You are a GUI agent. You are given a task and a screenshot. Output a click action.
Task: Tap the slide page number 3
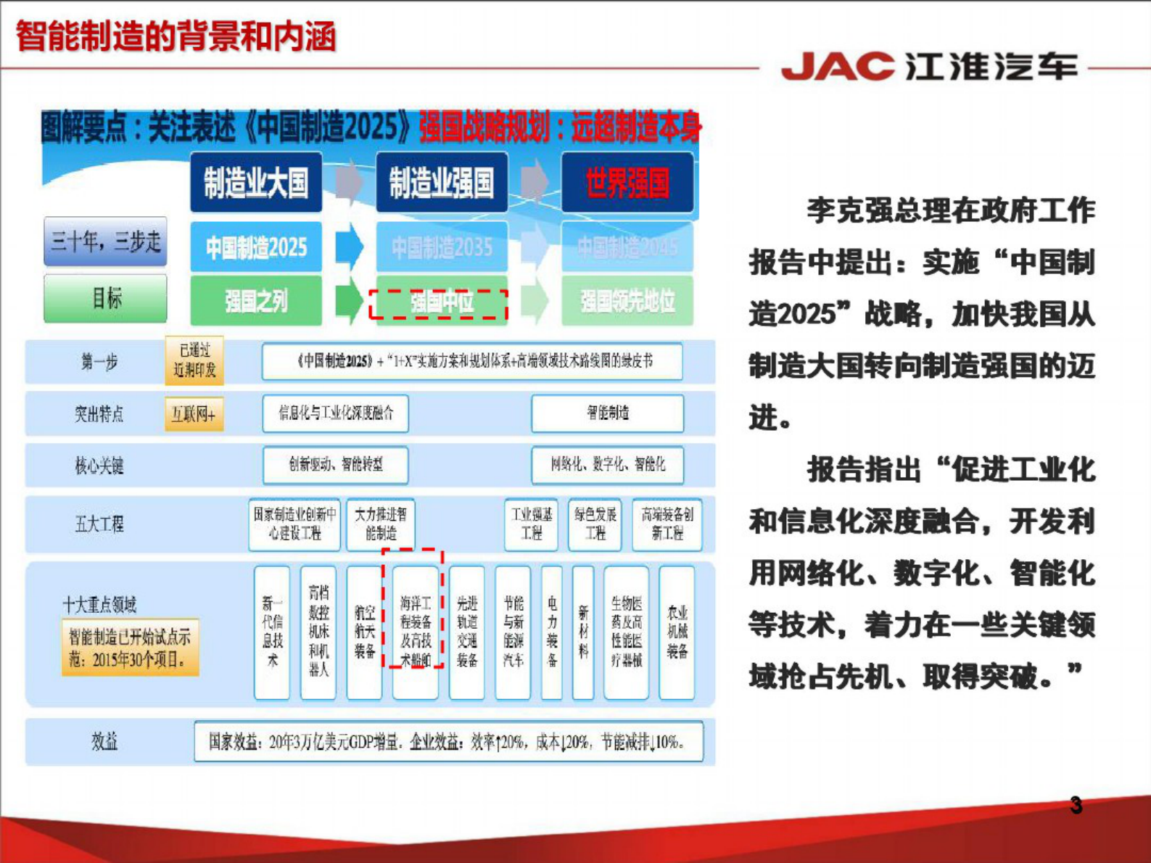(x=1076, y=806)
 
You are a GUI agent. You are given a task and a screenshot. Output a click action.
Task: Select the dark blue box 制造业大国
(x=256, y=183)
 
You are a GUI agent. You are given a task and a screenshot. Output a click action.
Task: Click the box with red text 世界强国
(x=627, y=183)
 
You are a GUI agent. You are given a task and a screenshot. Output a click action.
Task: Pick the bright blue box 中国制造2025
(x=256, y=247)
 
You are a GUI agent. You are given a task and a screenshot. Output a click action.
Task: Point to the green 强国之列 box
(x=256, y=300)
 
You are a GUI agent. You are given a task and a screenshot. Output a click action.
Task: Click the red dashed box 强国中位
(x=439, y=303)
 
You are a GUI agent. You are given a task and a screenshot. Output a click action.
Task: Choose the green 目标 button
(x=106, y=297)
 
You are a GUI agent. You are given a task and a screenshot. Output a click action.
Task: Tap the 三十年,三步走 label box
(x=106, y=241)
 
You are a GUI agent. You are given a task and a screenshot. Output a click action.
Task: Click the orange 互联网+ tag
(x=194, y=414)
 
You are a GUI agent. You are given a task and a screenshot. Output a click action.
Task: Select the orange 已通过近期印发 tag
(x=194, y=360)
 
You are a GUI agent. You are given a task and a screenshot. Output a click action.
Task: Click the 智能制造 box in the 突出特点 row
(x=608, y=413)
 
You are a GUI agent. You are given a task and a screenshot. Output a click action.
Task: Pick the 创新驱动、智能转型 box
(x=336, y=465)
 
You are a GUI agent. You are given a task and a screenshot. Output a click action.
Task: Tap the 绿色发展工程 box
(x=595, y=524)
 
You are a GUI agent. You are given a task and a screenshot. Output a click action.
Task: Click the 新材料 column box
(x=583, y=632)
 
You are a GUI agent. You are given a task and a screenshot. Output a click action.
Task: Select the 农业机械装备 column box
(x=677, y=632)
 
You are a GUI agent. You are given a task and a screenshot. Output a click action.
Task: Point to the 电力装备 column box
(x=552, y=632)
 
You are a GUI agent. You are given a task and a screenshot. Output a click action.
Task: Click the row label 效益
(x=104, y=741)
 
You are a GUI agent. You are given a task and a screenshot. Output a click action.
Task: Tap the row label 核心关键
(x=99, y=466)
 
